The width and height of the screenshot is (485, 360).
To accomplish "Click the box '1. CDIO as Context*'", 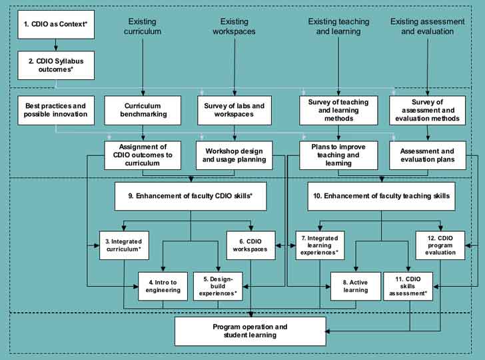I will tap(57, 24).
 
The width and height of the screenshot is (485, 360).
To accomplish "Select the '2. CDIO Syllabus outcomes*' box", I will tap(57, 65).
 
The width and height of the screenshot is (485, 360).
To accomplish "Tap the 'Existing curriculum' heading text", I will tap(143, 27).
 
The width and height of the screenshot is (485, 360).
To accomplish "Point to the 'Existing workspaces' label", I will tap(234, 27).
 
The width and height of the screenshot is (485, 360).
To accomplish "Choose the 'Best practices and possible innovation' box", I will tap(57, 111).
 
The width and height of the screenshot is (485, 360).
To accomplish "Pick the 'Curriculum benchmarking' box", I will tap(143, 111).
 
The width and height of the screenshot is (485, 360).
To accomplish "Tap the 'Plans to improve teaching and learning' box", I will tap(330, 155).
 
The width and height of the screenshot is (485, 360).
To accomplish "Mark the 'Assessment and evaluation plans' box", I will tap(427, 155).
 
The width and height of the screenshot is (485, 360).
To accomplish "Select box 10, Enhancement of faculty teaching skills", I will tap(381, 196).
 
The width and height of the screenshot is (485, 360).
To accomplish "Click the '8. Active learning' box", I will tap(350, 285).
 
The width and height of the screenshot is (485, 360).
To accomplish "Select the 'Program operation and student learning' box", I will tap(250, 331).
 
